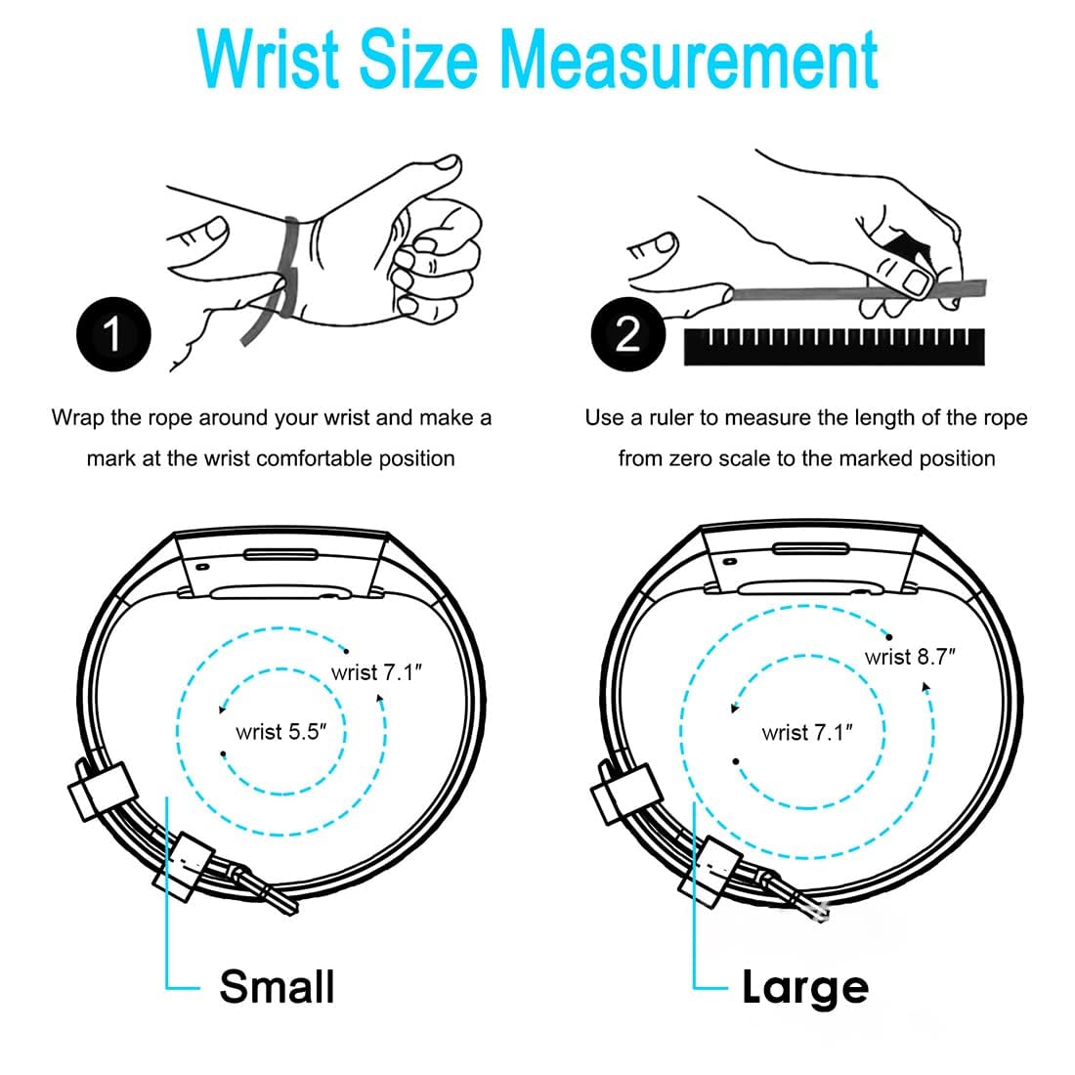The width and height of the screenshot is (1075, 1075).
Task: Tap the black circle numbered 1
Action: pos(113,334)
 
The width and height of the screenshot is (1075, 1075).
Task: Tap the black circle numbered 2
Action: pos(628,334)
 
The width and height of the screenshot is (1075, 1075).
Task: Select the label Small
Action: pos(277,987)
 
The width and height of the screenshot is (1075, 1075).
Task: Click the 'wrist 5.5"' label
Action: pos(280,732)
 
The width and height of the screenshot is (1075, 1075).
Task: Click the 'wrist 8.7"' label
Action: pos(910,657)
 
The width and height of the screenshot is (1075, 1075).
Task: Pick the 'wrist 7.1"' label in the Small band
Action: pos(376,672)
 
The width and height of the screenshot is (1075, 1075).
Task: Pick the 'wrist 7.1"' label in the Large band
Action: pos(807,733)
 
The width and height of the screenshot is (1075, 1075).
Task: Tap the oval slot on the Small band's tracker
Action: pos(281,554)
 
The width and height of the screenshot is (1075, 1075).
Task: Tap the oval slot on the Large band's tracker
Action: pos(811,548)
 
